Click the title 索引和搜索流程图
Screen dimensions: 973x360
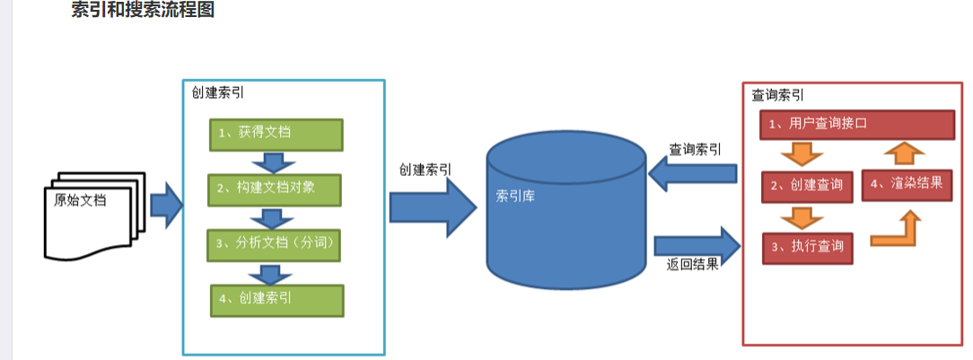click(143, 10)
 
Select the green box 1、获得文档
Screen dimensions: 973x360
click(276, 135)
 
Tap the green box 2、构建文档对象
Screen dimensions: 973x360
click(274, 190)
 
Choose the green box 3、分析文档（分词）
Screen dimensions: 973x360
click(274, 245)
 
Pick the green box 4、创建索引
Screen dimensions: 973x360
click(276, 301)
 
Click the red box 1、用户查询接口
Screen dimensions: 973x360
click(857, 125)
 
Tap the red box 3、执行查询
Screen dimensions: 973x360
click(807, 248)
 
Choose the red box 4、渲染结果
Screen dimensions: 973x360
click(907, 185)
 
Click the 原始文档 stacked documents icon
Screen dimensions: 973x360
click(94, 215)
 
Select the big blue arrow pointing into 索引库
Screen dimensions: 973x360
click(434, 206)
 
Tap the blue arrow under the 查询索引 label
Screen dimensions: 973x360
click(692, 173)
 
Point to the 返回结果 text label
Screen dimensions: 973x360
click(693, 264)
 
